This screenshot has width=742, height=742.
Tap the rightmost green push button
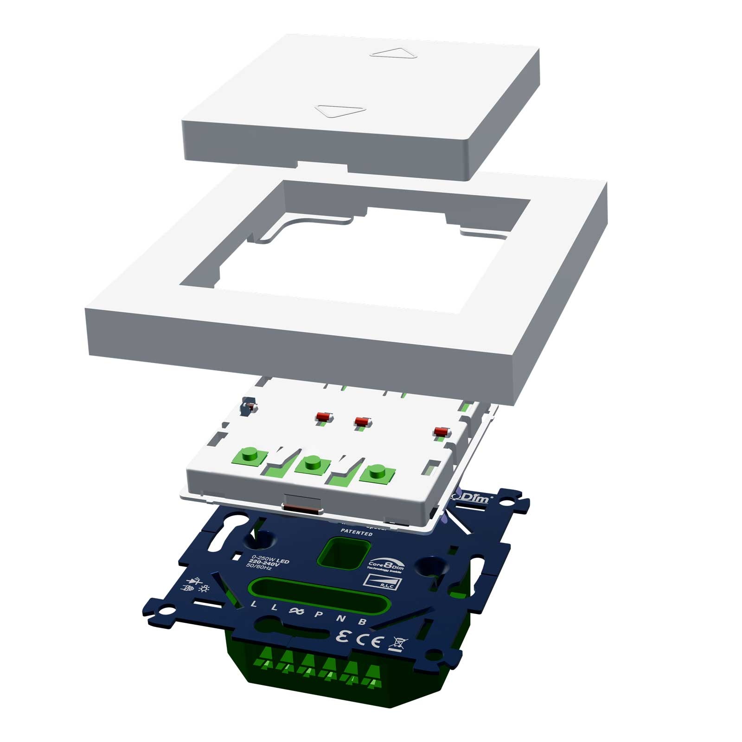pos(376,471)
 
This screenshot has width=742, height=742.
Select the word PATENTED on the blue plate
pos(356,533)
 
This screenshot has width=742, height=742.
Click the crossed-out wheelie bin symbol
pos(399,644)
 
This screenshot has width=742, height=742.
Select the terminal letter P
pos(319,615)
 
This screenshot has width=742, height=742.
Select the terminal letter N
pos(340,618)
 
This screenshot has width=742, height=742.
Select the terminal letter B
pos(363,622)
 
